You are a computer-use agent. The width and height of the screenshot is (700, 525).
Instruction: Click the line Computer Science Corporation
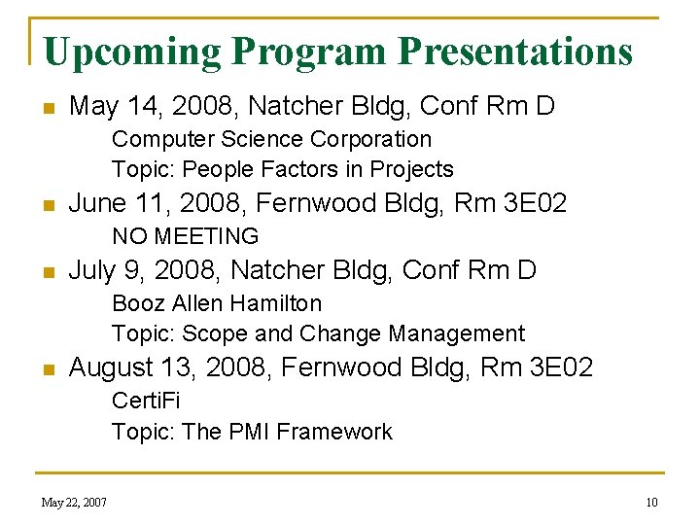point(271,140)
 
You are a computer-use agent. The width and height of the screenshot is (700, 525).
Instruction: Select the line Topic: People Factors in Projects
point(282,169)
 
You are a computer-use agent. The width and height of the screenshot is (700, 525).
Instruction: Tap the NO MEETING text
point(185,236)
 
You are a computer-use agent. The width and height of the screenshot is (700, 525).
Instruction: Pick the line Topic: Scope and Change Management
point(318,333)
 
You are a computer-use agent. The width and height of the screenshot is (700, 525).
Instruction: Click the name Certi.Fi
point(146,401)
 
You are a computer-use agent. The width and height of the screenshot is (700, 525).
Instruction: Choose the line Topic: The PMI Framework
point(252,432)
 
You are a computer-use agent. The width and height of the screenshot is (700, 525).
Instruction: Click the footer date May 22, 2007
point(74,503)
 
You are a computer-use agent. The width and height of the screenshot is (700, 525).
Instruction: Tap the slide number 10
point(651,503)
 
